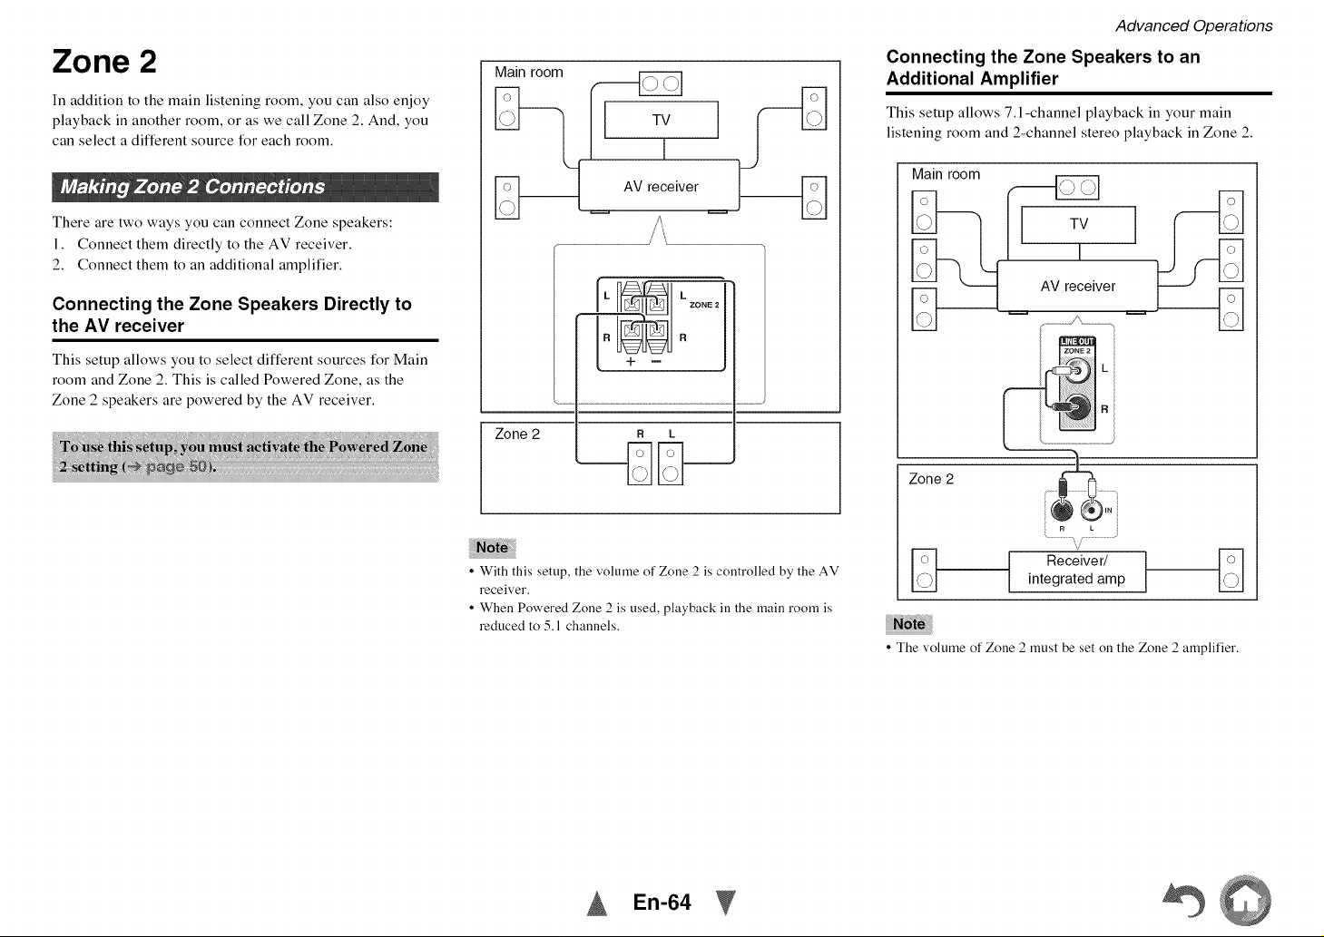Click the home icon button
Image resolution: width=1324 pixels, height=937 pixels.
[1245, 900]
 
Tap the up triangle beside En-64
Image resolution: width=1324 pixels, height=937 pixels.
[597, 903]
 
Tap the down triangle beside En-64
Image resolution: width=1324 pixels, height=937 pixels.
[725, 903]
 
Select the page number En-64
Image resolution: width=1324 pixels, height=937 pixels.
[662, 903]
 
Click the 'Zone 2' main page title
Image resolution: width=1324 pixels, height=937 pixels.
[104, 62]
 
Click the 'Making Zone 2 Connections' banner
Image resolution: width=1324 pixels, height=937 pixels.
[245, 187]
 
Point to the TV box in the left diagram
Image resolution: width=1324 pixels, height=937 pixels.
[662, 120]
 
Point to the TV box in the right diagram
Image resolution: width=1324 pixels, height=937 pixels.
[1079, 225]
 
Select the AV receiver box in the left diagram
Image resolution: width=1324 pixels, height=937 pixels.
[659, 186]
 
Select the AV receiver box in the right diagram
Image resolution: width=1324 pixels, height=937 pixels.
[1077, 286]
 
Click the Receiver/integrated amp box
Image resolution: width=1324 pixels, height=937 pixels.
[1077, 571]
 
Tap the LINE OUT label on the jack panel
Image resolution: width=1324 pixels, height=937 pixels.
[1077, 341]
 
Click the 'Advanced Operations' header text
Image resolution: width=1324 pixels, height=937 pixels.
[1194, 26]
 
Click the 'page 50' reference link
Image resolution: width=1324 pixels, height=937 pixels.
[177, 467]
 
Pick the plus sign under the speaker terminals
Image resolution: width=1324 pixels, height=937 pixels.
[631, 361]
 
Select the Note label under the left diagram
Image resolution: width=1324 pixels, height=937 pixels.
[492, 548]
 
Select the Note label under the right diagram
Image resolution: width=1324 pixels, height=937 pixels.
[909, 624]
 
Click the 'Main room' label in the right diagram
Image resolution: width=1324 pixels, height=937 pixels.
[946, 174]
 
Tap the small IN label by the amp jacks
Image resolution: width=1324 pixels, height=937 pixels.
[1108, 511]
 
